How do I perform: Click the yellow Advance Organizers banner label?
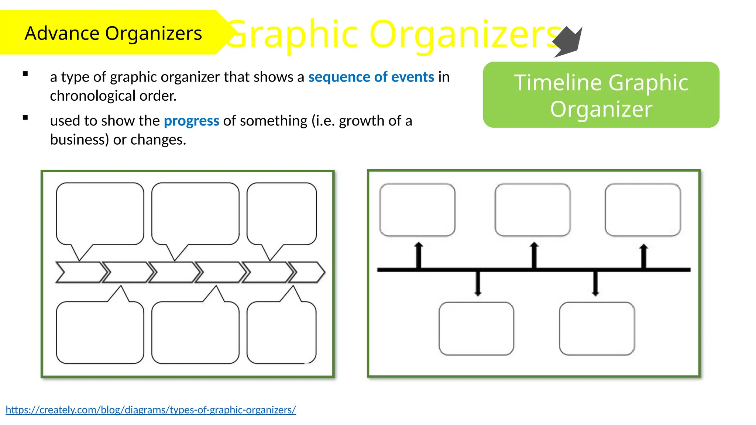pos(113,33)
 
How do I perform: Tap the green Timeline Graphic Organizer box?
pos(601,95)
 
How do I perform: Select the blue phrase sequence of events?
pos(371,77)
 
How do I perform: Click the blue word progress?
pos(191,121)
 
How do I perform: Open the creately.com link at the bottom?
pos(151,410)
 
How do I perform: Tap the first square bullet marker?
pos(25,74)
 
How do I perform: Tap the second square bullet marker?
pos(25,118)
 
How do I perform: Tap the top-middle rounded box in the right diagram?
pos(532,210)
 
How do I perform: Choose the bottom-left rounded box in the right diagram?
pos(476,328)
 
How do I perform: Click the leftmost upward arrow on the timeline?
pos(419,255)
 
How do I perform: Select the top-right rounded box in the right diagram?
pos(643,210)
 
